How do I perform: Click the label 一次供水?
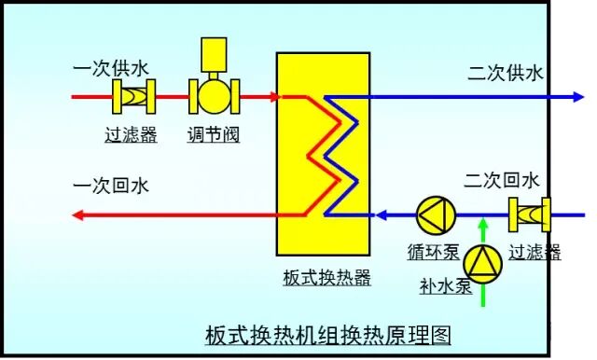click(x=110, y=69)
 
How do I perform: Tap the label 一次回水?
click(x=110, y=187)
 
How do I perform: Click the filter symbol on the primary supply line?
click(x=132, y=96)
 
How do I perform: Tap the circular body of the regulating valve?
click(x=215, y=96)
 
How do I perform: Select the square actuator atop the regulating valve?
click(x=215, y=53)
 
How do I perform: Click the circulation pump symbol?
click(x=435, y=215)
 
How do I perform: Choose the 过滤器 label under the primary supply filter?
click(x=131, y=136)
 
